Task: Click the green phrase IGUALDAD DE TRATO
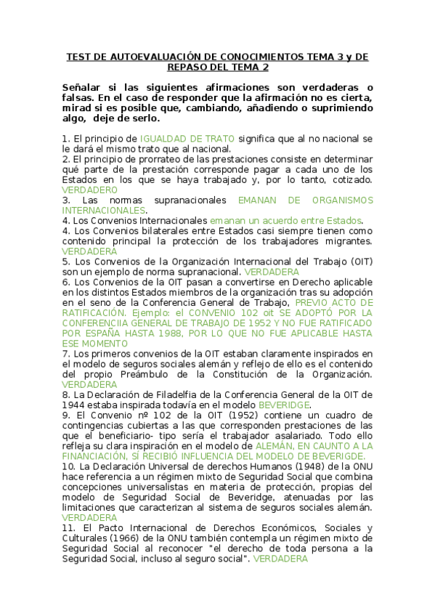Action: click(x=187, y=138)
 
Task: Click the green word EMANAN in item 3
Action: click(x=259, y=200)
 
